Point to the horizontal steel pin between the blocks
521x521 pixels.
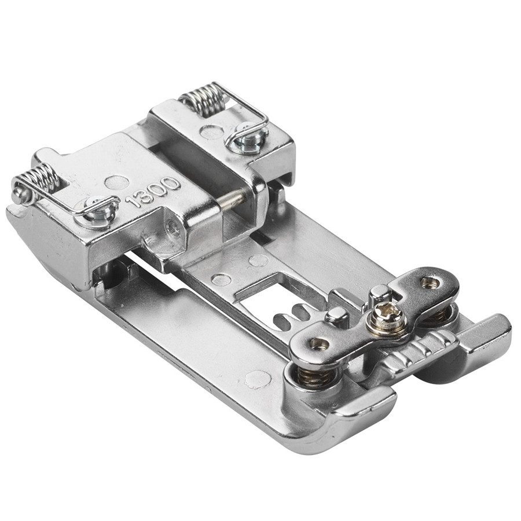[232, 199]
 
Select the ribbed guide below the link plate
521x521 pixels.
[419, 349]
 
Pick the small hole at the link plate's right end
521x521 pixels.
[430, 282]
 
